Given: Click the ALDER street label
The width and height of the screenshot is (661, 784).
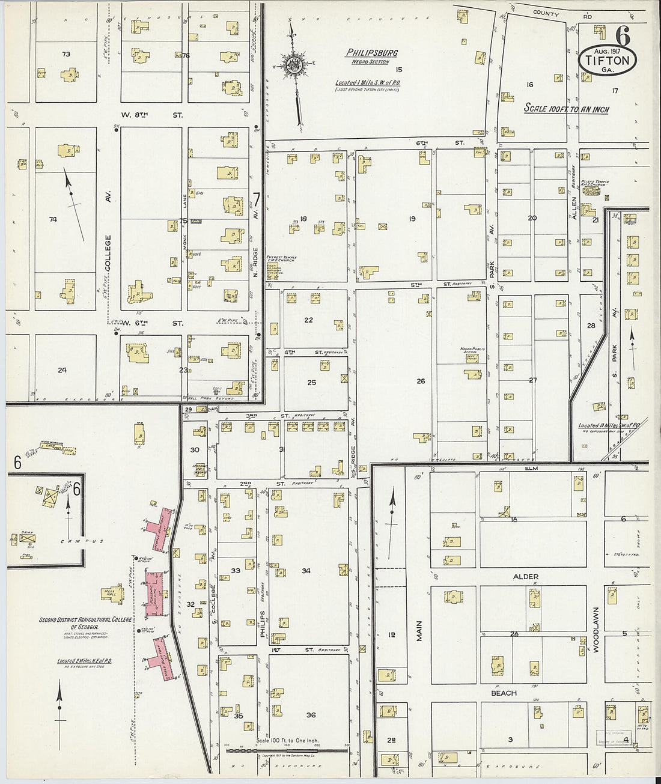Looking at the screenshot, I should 525,577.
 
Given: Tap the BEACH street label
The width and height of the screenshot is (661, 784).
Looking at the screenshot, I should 504,693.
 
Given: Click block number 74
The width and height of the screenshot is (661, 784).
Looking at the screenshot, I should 53,219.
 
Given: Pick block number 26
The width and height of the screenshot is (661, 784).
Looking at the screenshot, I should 421,381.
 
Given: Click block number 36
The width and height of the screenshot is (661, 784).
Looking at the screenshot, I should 311,715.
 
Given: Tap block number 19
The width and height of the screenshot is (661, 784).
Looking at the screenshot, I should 412,219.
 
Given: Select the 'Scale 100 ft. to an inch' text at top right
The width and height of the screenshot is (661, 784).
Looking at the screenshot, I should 566,109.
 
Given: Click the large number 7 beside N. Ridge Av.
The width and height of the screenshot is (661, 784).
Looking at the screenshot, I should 256,198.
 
